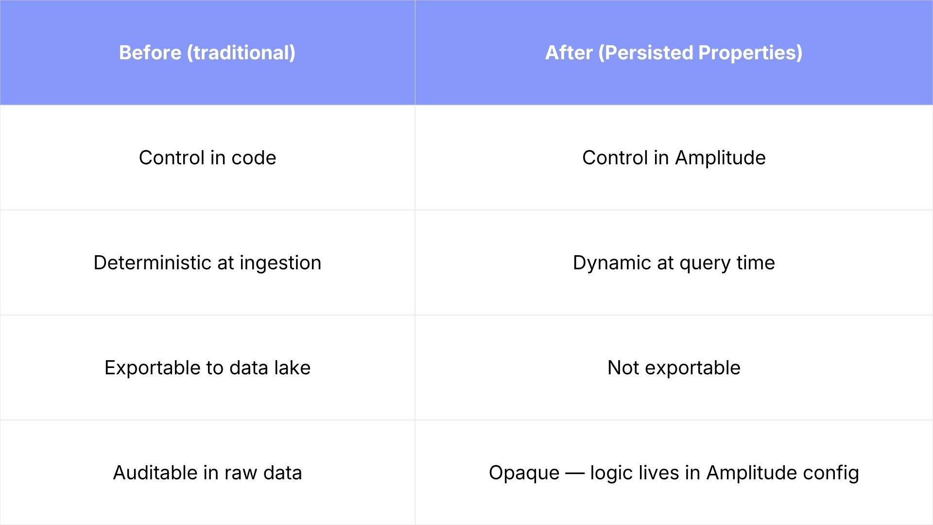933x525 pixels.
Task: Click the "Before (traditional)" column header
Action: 207,52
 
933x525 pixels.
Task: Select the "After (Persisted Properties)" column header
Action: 674,52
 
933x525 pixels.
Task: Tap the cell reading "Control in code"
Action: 207,157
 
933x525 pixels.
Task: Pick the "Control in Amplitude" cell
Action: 674,157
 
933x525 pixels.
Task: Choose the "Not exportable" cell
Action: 674,367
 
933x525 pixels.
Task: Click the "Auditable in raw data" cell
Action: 207,472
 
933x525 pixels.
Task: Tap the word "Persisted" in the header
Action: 646,52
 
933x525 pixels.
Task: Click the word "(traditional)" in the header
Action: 241,52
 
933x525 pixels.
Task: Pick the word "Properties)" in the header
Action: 750,52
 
